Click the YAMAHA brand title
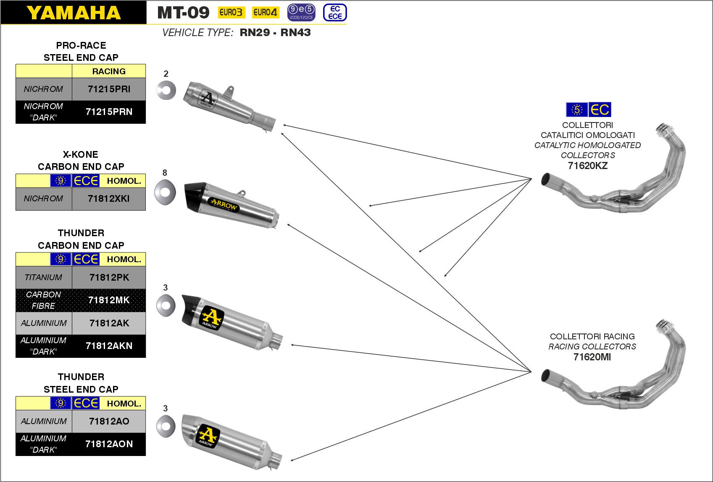(x=74, y=13)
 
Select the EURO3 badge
(x=231, y=13)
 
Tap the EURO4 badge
(x=265, y=13)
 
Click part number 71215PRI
(x=109, y=89)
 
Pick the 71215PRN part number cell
(x=109, y=112)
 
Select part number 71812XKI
(x=109, y=198)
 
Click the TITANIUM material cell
(x=44, y=277)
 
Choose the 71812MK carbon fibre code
(x=109, y=300)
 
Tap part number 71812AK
(x=109, y=323)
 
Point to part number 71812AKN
(x=109, y=346)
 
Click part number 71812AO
(x=109, y=421)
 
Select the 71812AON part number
(x=109, y=444)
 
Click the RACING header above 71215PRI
(x=109, y=71)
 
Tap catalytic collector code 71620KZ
(x=587, y=166)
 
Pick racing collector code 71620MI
(x=592, y=357)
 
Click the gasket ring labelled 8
(x=165, y=192)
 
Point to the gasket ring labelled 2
(x=166, y=90)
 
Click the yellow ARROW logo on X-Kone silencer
(x=224, y=205)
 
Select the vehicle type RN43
(x=295, y=33)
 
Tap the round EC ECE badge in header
(x=335, y=13)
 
